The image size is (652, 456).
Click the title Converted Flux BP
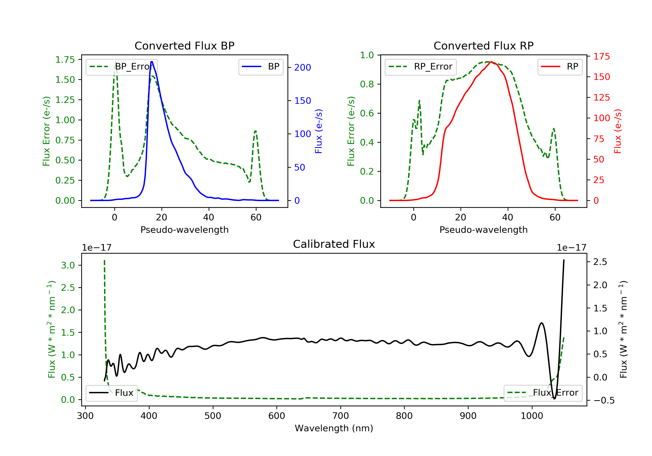coord(184,46)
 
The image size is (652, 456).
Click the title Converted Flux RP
coord(483,46)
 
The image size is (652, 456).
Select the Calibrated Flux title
coord(334,244)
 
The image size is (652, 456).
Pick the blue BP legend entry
coord(261,67)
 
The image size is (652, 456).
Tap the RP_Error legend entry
coord(420,67)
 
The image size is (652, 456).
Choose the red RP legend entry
coord(559,67)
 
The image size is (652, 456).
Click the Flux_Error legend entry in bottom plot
coord(543,393)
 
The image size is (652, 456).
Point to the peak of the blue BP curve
coord(152,62)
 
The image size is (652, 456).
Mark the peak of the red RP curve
coord(491,62)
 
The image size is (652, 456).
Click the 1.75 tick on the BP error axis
coord(65,59)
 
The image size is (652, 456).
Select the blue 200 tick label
coord(303,68)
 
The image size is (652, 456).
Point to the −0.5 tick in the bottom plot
coord(604,400)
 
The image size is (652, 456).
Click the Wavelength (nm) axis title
coord(334,428)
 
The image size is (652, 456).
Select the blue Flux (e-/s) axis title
coord(319,131)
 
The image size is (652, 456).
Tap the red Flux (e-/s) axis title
coord(618,131)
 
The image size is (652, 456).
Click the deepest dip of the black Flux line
coord(554,399)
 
